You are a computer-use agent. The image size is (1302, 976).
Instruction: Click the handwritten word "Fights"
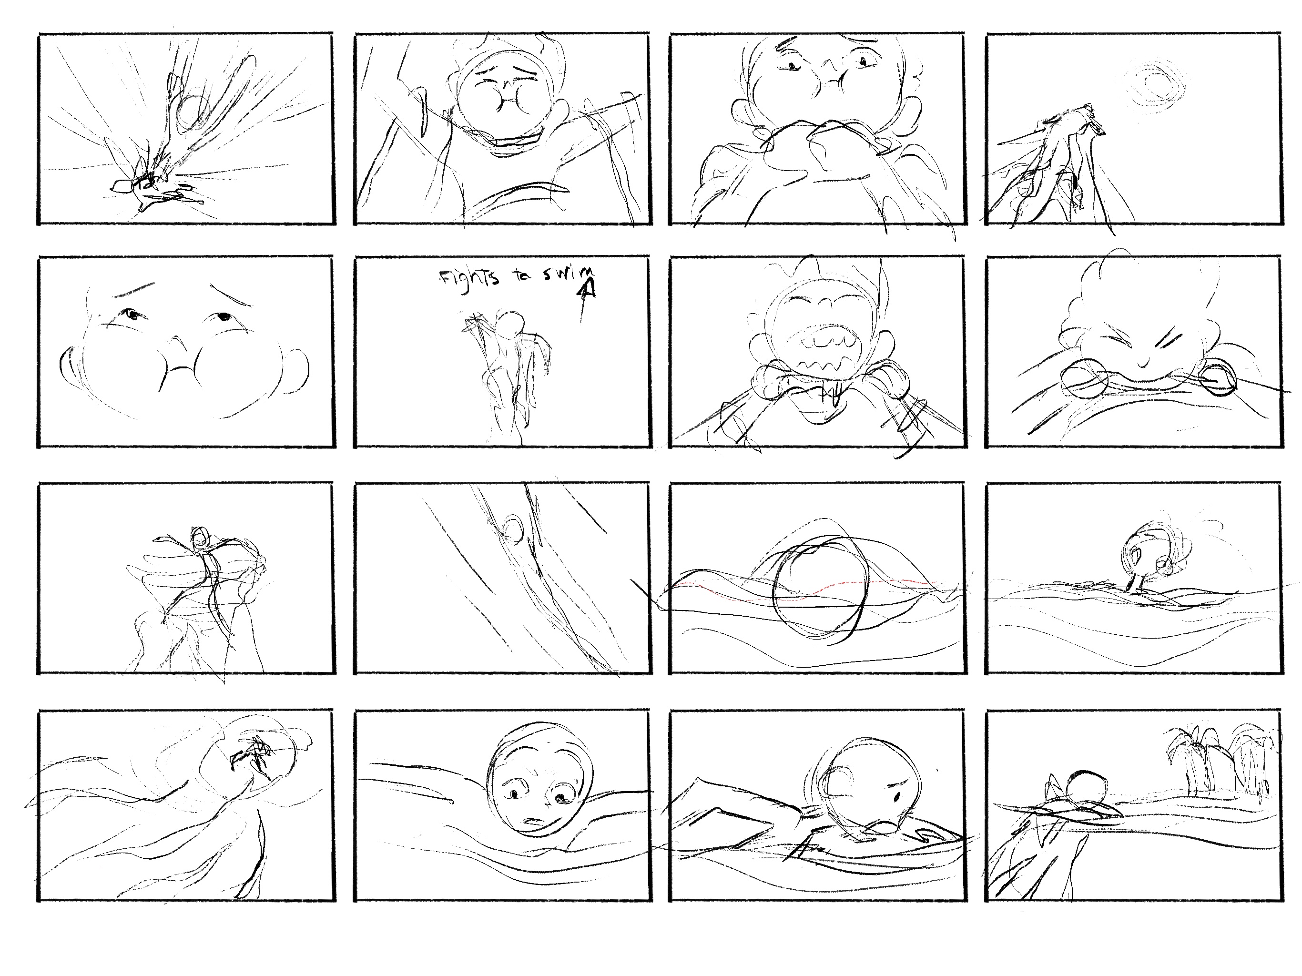pyautogui.click(x=469, y=277)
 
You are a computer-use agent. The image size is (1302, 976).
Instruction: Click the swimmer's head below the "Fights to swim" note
pyautogui.click(x=510, y=323)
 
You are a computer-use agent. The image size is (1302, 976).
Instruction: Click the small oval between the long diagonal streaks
pyautogui.click(x=513, y=529)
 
